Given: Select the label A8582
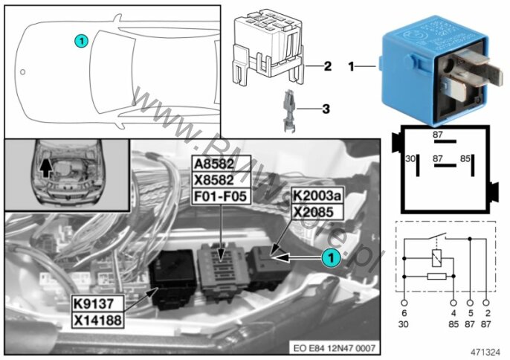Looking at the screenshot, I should [222, 165].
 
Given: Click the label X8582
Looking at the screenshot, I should [222, 181].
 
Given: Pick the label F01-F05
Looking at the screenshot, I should [222, 198].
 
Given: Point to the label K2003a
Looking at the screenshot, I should [317, 196].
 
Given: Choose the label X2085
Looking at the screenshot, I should [314, 212].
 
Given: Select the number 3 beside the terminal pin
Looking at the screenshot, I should [326, 109].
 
